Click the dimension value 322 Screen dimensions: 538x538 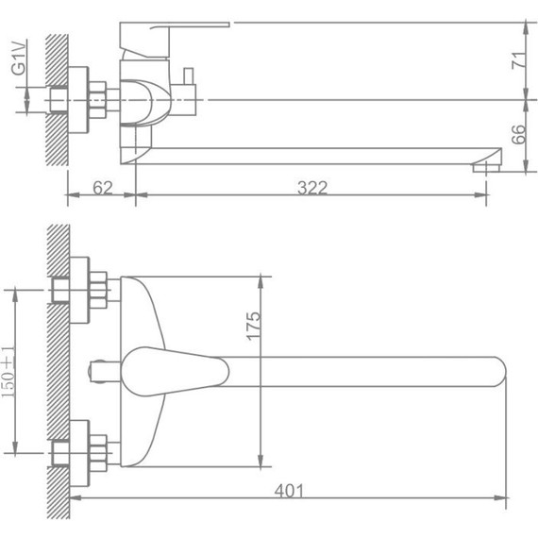(312, 187)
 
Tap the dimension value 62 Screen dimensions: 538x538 (103, 187)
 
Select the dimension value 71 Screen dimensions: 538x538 (518, 60)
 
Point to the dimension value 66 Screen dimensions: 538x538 (518, 134)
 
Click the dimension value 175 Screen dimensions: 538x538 (254, 326)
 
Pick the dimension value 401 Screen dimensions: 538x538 (289, 491)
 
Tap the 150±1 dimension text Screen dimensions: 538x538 (8, 372)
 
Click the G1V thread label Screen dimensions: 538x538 (19, 58)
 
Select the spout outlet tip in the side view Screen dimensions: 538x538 (487, 168)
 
